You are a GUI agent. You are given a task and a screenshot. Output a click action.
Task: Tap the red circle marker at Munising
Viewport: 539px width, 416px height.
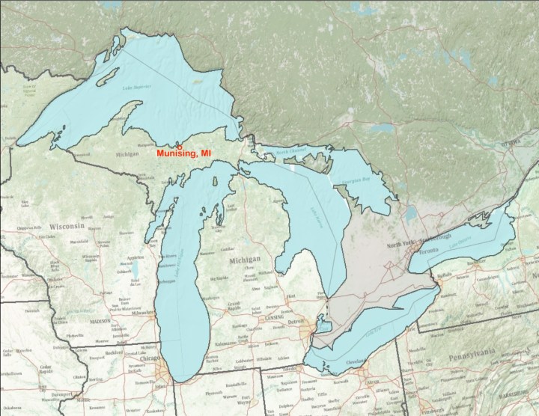179,147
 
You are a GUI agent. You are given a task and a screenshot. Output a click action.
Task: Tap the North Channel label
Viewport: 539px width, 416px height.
292,153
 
